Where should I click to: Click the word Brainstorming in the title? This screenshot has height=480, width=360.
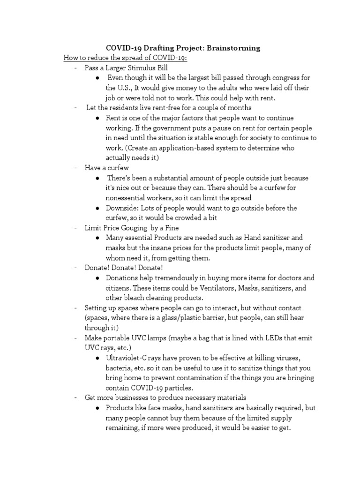click(233, 48)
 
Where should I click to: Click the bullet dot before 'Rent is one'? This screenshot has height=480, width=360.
click(97, 118)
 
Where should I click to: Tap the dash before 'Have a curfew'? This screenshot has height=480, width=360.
click(75, 168)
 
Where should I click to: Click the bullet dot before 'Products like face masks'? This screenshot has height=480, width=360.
click(97, 408)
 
